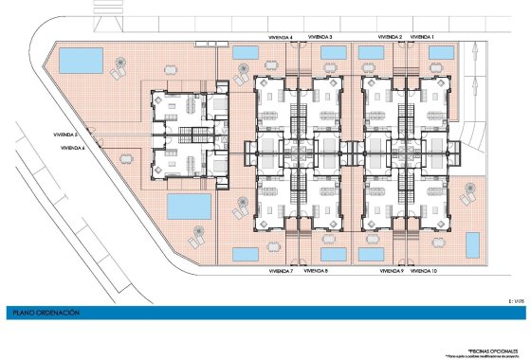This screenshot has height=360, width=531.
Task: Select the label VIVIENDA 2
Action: click(x=390, y=37)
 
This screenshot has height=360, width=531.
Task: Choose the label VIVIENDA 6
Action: click(x=72, y=149)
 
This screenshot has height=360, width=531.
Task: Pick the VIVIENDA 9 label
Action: click(x=391, y=272)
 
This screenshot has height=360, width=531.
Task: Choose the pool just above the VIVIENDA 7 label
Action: click(x=246, y=254)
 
